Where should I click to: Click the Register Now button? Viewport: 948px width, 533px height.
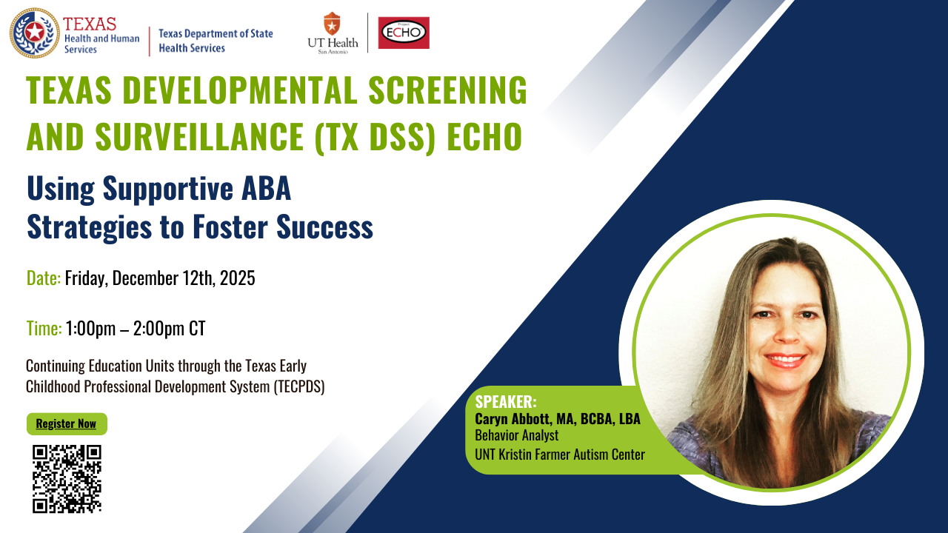tap(67, 424)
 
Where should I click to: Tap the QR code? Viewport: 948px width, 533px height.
tap(67, 479)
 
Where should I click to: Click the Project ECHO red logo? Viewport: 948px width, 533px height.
tap(404, 33)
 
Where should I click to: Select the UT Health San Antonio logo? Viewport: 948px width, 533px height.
tap(333, 33)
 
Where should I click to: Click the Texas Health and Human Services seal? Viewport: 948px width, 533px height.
tap(35, 33)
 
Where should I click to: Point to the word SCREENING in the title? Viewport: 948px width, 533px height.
tap(448, 90)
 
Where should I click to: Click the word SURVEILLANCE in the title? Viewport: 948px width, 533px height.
tap(199, 137)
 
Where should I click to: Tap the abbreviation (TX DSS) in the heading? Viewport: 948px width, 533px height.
tap(375, 138)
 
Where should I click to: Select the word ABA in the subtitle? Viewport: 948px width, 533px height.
tap(266, 188)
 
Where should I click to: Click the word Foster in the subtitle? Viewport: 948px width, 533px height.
tap(230, 227)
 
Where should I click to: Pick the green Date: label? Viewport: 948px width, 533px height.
tap(44, 278)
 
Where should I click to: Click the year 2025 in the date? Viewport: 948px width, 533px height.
tap(238, 278)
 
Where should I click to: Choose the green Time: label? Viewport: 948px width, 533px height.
tap(44, 328)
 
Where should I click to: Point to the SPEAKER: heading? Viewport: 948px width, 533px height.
tap(506, 401)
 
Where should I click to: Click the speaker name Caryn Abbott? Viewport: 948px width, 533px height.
tap(513, 419)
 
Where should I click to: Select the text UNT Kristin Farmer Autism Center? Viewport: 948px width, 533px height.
tap(560, 455)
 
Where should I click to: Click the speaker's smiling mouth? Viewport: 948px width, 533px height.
tap(784, 361)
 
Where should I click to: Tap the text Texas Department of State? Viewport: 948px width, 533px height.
tap(216, 34)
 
